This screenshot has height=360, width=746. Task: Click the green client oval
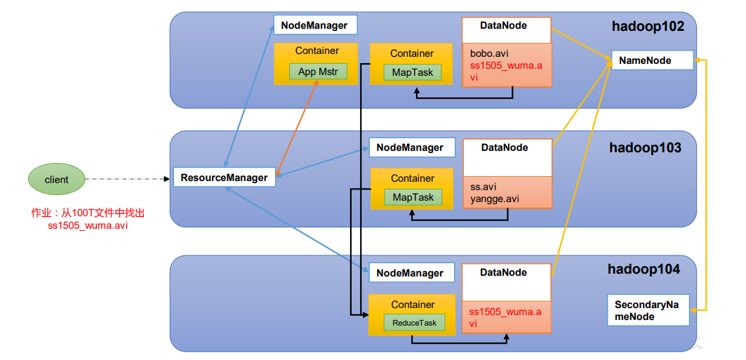click(x=57, y=180)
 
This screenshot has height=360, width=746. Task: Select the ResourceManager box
click(x=224, y=178)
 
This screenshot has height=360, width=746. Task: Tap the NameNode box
click(x=652, y=60)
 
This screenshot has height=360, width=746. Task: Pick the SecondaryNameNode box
click(x=648, y=310)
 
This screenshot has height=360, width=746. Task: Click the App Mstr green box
click(x=318, y=72)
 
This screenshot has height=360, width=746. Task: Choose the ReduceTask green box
click(x=413, y=322)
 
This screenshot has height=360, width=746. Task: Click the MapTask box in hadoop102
click(x=413, y=73)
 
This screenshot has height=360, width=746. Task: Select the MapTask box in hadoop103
click(x=413, y=197)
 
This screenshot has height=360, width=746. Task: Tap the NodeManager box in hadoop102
click(x=315, y=25)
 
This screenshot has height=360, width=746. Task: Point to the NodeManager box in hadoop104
click(x=410, y=273)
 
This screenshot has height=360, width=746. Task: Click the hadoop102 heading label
click(x=648, y=26)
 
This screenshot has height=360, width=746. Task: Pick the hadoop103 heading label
click(x=645, y=148)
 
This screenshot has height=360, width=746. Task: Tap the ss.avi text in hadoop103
click(x=483, y=187)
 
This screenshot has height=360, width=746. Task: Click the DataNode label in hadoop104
click(x=503, y=272)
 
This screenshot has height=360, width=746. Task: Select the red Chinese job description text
click(x=88, y=219)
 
